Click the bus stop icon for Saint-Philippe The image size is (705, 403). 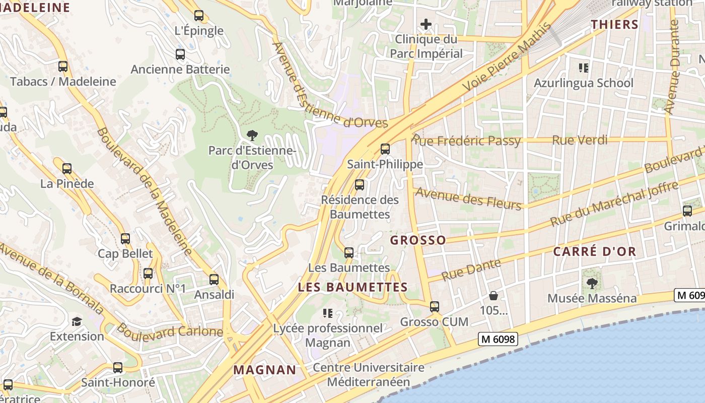tap(385, 149)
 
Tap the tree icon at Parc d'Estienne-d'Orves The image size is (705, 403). tap(252, 135)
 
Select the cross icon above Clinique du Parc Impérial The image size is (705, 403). tap(426, 24)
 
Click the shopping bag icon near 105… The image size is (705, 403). tap(493, 296)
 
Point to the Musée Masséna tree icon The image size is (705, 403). tap(592, 284)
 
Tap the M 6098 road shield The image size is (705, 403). tap(498, 339)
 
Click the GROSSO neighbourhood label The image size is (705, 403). tap(418, 240)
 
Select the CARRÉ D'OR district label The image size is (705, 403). tap(594, 251)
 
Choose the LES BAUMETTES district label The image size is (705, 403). tap(352, 287)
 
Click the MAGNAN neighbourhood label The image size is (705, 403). tap(265, 370)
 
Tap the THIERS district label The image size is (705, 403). tap(614, 24)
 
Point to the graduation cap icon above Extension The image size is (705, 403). tap(77, 321)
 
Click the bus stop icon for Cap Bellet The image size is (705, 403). tap(125, 239)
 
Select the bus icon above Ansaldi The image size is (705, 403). tap(214, 280)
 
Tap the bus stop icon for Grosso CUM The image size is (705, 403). tap(434, 306)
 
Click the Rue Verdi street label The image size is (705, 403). tap(580, 140)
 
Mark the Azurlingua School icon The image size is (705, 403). tap(584, 68)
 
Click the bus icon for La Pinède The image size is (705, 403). tap(67, 169)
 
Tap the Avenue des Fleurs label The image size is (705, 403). tap(468, 198)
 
